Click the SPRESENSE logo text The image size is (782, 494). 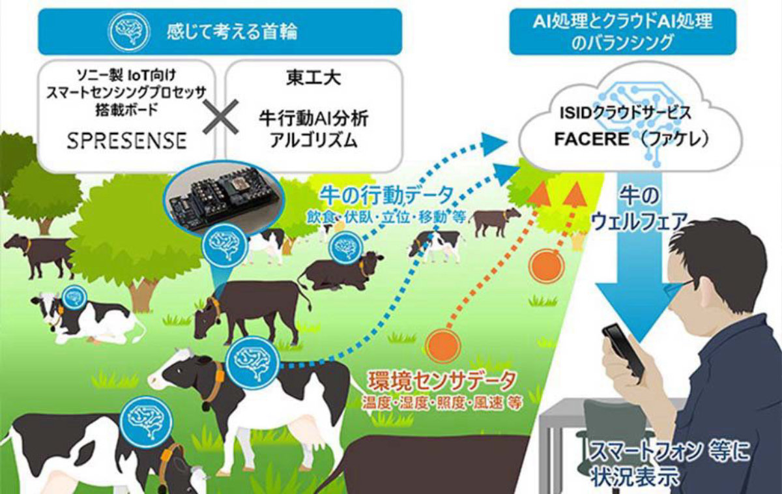coord(126,141)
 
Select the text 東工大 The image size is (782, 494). coord(313,78)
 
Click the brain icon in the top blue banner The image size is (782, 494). coord(129,31)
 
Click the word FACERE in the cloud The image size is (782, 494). coord(592,139)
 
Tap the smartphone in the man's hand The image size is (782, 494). coord(623,353)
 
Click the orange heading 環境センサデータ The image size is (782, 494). coord(441,381)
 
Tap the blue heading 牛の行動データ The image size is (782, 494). coord(387,196)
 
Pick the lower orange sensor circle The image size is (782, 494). coord(442,345)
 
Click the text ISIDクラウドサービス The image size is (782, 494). coord(626,113)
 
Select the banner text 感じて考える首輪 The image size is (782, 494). coord(232,32)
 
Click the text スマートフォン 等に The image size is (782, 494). coord(669,453)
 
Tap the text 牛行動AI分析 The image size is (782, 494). coord(313,120)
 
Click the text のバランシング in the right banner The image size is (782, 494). coord(622,43)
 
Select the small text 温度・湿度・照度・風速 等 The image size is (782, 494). coord(442,403)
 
